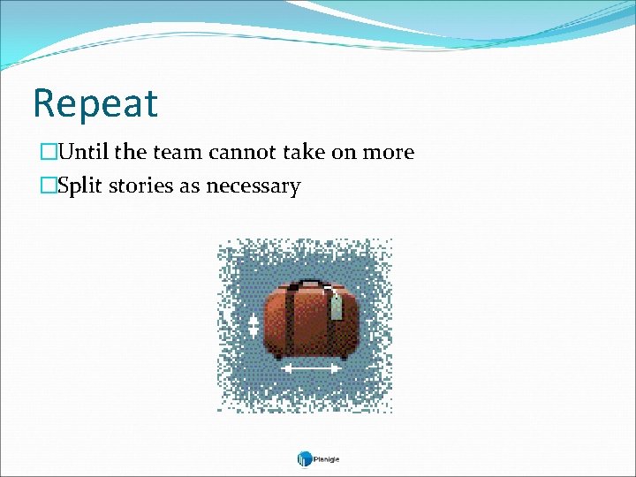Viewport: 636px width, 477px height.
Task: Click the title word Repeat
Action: (95, 103)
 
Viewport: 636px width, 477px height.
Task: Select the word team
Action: (178, 153)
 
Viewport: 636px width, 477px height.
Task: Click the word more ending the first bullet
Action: (387, 153)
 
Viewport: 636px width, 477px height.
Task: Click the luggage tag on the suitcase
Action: (336, 307)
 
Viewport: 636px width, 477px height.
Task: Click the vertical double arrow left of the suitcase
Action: (254, 325)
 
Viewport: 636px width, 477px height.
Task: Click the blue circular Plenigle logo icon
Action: (304, 458)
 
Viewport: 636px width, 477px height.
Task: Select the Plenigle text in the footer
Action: (327, 459)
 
